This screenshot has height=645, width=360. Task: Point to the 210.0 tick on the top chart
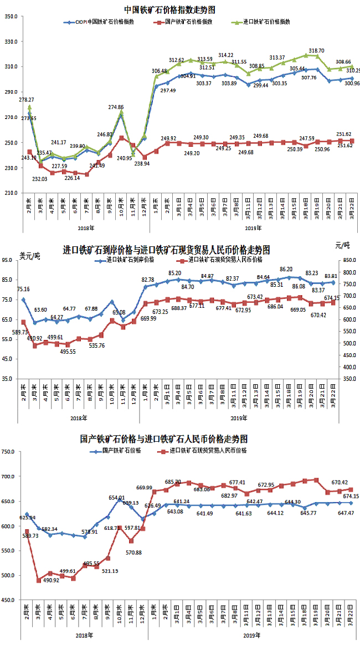point(12,193)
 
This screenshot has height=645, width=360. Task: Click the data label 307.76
point(308,78)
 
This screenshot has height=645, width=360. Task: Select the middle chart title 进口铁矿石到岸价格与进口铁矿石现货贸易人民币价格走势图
point(167,250)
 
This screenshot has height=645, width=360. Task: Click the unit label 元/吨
point(343,245)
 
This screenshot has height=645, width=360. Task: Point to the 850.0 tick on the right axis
point(346,260)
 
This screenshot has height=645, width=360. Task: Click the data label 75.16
point(23,289)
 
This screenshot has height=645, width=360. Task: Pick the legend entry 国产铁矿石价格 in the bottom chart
point(121,451)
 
